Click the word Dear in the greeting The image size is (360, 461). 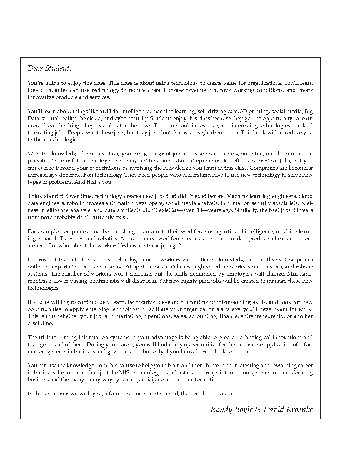coord(35,68)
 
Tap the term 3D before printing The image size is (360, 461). coord(244,111)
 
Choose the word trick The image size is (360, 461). coord(44,337)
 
